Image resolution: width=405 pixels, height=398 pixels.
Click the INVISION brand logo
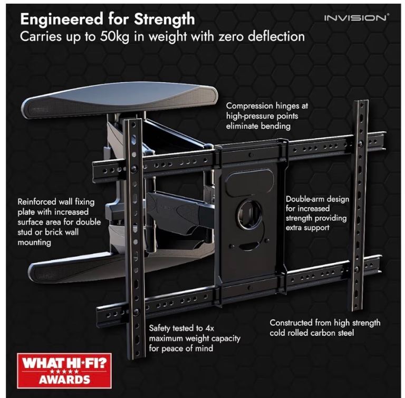click(356, 18)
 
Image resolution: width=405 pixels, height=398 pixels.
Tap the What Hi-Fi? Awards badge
click(64, 371)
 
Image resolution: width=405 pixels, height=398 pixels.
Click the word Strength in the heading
click(165, 20)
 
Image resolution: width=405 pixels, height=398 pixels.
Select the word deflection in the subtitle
click(276, 36)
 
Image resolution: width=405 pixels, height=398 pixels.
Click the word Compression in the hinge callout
click(249, 106)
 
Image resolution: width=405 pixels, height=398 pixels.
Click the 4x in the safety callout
click(209, 328)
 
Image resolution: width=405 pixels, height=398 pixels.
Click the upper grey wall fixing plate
click(119, 100)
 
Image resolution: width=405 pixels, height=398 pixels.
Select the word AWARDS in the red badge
click(64, 380)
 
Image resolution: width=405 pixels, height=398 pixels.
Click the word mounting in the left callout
click(34, 242)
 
